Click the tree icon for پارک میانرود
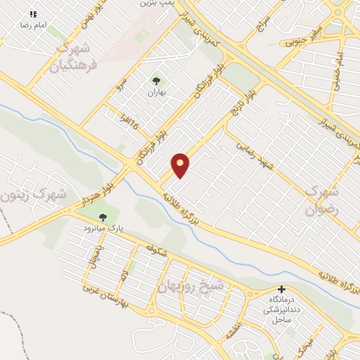103,217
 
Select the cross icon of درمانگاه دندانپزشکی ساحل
281,289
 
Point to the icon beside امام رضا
32,13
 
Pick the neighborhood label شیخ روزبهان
200,287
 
